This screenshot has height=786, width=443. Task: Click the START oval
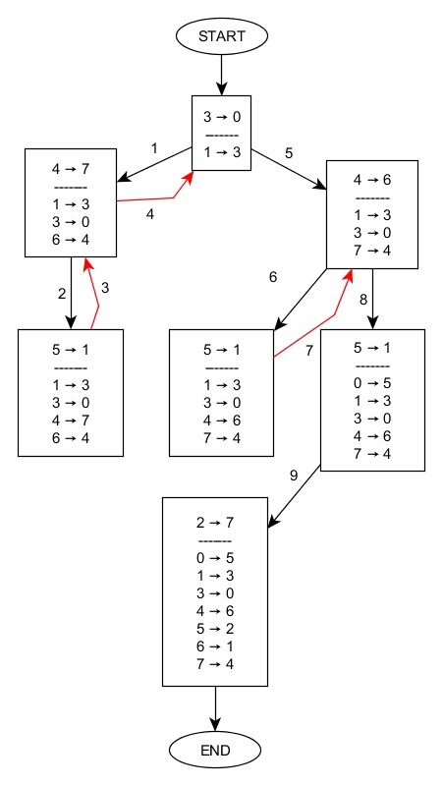click(x=221, y=36)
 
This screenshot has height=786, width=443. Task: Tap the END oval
click(x=215, y=751)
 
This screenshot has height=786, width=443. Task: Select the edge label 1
click(x=154, y=148)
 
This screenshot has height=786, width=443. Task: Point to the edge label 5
click(x=289, y=153)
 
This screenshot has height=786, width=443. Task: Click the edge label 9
click(x=293, y=476)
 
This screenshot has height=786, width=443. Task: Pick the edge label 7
click(x=308, y=350)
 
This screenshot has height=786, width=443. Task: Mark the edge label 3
click(x=106, y=287)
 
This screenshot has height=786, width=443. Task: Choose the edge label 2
click(x=61, y=294)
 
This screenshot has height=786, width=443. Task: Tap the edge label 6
click(x=273, y=277)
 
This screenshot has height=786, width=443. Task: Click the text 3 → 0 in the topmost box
click(x=221, y=117)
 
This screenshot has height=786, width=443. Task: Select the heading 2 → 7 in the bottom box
click(x=215, y=522)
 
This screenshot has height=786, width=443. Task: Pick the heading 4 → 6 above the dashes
click(x=372, y=180)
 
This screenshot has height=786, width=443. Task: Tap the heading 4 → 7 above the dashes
click(x=71, y=169)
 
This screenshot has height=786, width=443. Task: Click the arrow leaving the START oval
click(x=221, y=74)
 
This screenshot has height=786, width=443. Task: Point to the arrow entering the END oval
click(x=215, y=709)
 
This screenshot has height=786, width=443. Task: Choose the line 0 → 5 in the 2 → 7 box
click(x=215, y=557)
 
